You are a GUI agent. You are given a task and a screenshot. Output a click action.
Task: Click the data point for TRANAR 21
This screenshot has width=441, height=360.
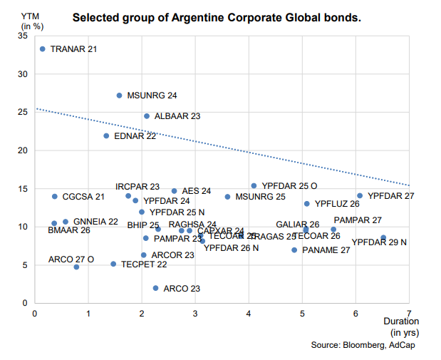coord(43,49)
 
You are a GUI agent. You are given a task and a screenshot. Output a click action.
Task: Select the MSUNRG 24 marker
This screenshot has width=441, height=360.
coord(119,96)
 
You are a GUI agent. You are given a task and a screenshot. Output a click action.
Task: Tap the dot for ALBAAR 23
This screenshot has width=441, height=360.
coord(147,116)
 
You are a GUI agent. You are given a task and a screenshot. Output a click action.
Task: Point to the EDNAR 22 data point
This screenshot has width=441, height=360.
coord(106,135)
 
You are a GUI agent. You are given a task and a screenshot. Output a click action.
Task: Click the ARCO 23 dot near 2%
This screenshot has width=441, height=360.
coord(155,288)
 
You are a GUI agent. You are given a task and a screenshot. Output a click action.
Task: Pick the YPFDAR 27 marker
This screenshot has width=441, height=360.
coord(360,195)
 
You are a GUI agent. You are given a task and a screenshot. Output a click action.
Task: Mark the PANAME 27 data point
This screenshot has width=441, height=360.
coord(294,250)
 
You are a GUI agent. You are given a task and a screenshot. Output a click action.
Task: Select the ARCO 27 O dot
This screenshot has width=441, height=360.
coord(76,267)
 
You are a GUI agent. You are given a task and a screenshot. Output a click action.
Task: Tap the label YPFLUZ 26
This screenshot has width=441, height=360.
coord(337,204)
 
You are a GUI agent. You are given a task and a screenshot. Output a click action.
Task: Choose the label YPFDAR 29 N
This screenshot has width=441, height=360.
coord(379,242)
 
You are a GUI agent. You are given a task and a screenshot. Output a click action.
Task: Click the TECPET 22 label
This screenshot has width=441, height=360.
coord(144,264)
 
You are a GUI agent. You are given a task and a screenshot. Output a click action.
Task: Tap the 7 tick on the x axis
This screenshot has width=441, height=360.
coord(409,312)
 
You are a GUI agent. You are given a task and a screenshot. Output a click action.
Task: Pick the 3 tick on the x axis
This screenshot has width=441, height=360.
coord(195,312)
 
